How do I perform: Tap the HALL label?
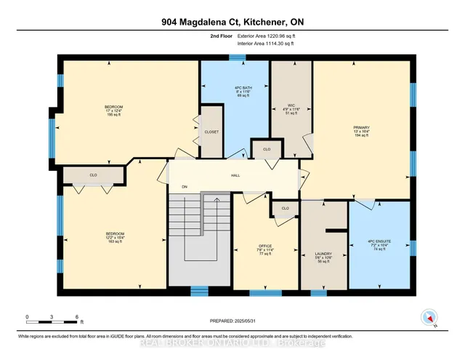[x=235, y=175]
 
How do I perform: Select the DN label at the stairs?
[x=185, y=186]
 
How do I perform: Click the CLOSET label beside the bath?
[x=211, y=132]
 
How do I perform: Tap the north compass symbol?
[x=429, y=317]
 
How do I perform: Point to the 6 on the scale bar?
[x=77, y=317]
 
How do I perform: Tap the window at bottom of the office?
[x=264, y=293]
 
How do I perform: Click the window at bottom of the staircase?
[x=200, y=292]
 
